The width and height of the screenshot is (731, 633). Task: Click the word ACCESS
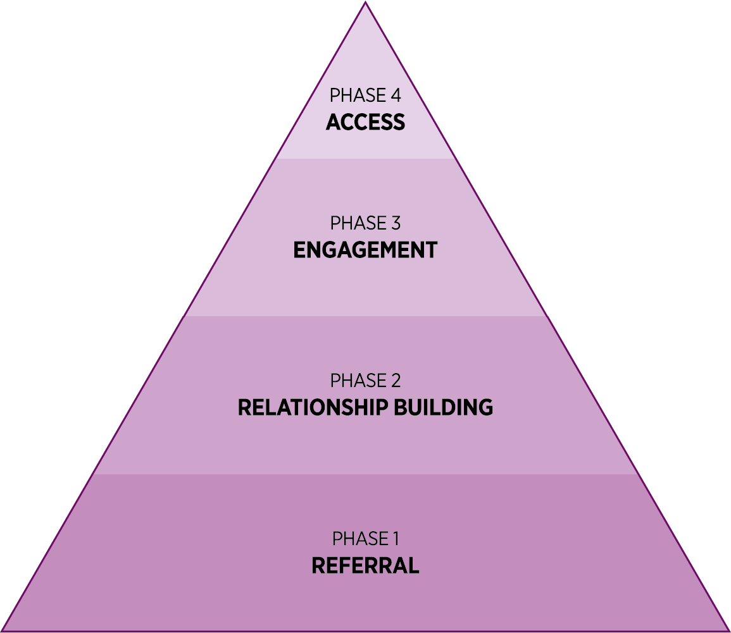tap(365, 122)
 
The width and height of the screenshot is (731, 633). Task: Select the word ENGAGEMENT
tap(365, 250)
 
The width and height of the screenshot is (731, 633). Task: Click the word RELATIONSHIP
tap(313, 408)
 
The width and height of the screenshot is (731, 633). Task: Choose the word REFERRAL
tap(365, 566)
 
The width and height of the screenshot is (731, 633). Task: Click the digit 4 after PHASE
tap(396, 96)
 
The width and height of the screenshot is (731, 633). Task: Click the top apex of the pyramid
tap(366, 3)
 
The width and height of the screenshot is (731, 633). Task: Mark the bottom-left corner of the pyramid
tap(3, 629)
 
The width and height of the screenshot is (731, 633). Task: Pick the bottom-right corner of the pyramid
tap(727, 629)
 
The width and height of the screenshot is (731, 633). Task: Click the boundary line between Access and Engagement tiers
tap(365, 159)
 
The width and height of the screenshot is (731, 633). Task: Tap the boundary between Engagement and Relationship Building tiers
tap(365, 316)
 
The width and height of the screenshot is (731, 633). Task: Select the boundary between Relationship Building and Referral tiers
tap(365, 474)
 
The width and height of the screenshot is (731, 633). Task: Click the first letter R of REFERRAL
tap(318, 566)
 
